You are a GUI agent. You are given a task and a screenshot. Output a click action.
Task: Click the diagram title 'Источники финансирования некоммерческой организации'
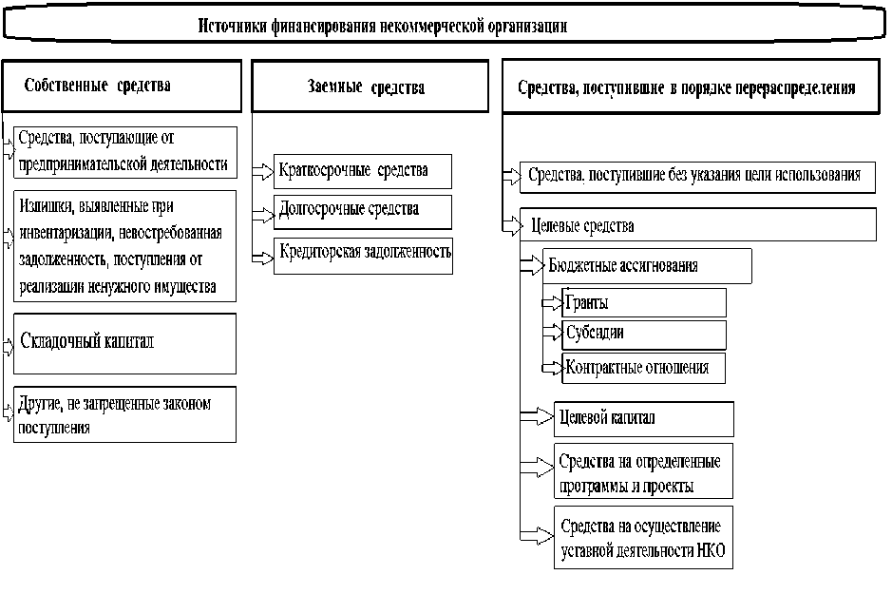(382, 27)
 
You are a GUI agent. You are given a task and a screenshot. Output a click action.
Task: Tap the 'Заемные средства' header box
(366, 87)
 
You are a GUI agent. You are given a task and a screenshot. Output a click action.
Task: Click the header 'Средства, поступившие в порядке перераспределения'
(686, 87)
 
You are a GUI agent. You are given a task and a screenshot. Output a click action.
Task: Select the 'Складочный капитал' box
(125, 342)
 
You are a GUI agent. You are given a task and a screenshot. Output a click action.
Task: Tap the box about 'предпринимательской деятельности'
(125, 152)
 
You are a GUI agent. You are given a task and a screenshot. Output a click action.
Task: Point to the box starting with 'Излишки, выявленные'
(125, 245)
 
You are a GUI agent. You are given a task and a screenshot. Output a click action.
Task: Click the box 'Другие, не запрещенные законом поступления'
(125, 414)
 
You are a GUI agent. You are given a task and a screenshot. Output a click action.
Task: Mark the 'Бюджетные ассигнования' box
(646, 266)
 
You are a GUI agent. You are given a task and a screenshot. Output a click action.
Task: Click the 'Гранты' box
(644, 303)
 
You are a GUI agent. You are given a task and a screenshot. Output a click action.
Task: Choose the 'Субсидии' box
(644, 334)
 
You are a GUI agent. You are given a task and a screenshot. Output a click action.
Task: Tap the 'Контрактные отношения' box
(644, 367)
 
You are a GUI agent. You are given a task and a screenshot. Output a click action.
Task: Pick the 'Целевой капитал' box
(643, 418)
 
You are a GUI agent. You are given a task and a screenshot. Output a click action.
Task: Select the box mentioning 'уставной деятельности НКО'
(643, 537)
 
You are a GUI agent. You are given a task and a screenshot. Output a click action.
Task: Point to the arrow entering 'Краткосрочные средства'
(262, 172)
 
